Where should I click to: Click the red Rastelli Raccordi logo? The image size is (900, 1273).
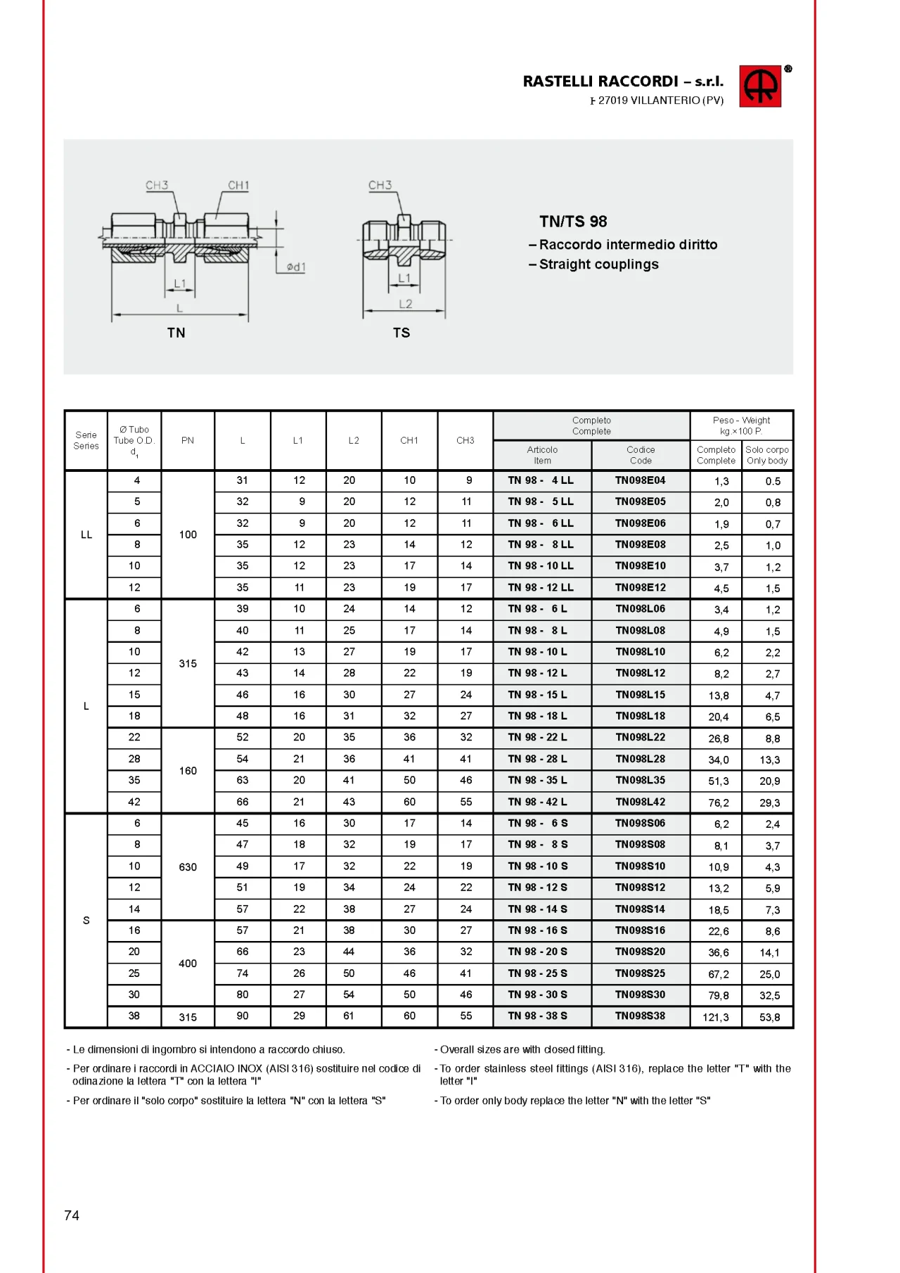coord(759,87)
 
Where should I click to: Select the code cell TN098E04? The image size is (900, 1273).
coord(640,480)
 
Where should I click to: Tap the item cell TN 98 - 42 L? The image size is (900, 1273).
coord(538,802)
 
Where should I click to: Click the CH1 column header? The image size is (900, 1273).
coord(409,440)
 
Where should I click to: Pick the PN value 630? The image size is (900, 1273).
coord(188,867)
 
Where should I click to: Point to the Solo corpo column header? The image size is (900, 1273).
coord(767,455)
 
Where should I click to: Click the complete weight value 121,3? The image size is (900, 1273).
coord(716,1017)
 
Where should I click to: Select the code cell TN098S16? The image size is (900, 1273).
coord(640,930)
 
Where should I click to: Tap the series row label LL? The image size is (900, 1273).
coord(86,535)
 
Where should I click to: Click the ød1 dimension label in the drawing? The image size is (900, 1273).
coord(296,267)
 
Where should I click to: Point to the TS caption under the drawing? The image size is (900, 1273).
coord(401,333)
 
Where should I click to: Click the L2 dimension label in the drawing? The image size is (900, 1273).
coord(406,304)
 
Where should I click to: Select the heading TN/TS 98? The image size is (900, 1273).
coord(573,222)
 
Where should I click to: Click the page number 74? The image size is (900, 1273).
coord(72,1215)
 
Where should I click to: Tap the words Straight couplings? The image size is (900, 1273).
coord(598,264)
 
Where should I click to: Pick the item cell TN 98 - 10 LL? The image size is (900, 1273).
coord(541,565)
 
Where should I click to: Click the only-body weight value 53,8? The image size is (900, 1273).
coord(770,1017)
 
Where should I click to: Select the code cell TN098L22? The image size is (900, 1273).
coord(640,737)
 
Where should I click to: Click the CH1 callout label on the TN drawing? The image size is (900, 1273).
coord(238,186)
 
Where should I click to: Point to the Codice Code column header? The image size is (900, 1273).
coord(641,455)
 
